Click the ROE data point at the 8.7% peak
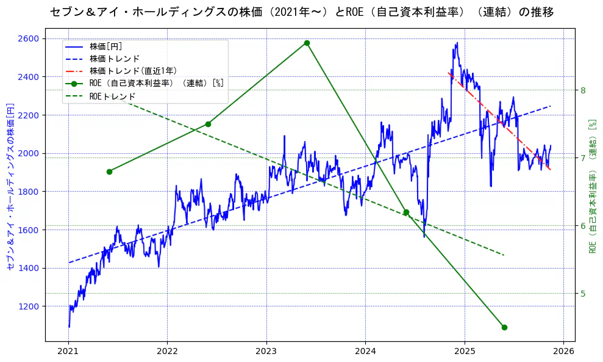tap(307, 43)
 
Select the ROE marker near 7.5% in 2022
tap(208, 124)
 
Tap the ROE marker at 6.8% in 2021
tap(109, 172)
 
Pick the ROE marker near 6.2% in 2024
tap(406, 212)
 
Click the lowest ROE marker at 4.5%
tap(504, 327)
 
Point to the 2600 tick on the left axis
tap(28, 38)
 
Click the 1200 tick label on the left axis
tap(28, 306)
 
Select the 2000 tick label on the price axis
tap(28, 153)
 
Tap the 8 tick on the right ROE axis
tap(583, 90)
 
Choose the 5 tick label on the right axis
tap(583, 294)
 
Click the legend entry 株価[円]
tap(106, 46)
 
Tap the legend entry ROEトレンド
tap(112, 96)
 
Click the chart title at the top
tap(301, 12)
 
